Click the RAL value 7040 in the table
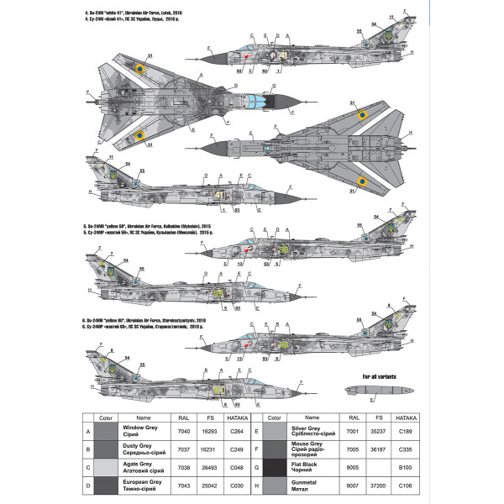185,430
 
